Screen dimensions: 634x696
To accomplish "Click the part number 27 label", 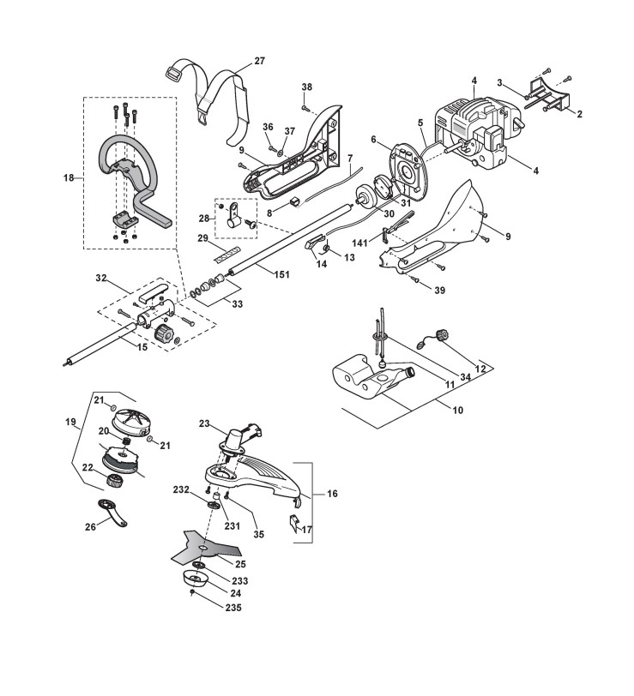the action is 259,61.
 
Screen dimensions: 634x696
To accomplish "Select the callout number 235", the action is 232,607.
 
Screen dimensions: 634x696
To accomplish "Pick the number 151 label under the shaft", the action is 281,275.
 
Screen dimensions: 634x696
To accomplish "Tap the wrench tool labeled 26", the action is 112,513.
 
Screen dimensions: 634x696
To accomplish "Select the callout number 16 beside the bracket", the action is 332,494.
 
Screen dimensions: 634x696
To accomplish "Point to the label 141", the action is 359,243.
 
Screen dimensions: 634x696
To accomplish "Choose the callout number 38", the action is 307,87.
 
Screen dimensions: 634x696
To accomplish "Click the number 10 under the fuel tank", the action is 457,410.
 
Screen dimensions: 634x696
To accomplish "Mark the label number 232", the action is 181,489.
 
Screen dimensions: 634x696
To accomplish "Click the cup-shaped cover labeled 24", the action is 196,579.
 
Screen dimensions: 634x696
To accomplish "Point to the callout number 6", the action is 373,140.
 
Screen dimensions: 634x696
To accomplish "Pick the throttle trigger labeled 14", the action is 315,243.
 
